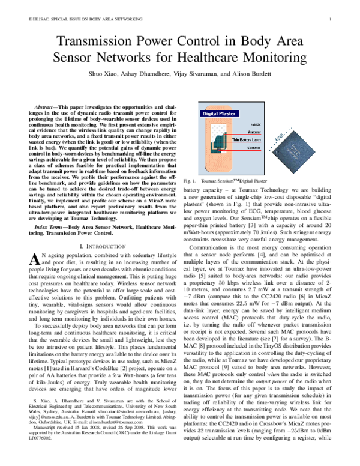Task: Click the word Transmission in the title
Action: [x=95, y=42]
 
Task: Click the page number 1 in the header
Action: [x=331, y=19]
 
